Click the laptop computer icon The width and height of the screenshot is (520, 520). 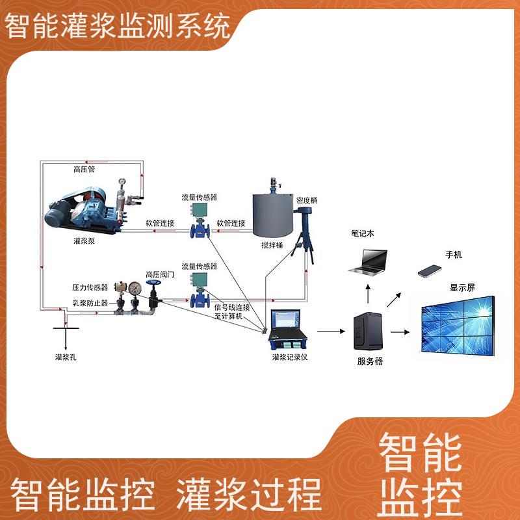click(x=368, y=261)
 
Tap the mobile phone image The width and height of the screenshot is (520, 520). click(x=430, y=271)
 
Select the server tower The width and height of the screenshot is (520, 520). click(x=368, y=331)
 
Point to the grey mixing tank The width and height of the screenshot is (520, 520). click(x=273, y=216)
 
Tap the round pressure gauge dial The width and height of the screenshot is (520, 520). click(x=135, y=288)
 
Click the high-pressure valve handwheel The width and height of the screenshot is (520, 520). click(x=153, y=283)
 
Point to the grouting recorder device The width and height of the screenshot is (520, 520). click(x=288, y=330)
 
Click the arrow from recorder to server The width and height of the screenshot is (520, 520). click(x=331, y=331)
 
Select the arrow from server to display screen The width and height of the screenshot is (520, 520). click(x=400, y=332)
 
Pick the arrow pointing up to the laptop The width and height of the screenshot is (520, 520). click(x=368, y=294)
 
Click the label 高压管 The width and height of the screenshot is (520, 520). click(x=84, y=170)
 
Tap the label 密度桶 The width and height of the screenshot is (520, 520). click(x=307, y=200)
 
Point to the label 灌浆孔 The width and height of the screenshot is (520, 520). click(x=66, y=357)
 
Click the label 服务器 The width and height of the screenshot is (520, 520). click(x=370, y=361)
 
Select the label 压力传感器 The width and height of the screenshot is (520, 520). click(x=90, y=287)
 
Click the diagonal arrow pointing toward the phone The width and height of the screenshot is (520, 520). click(x=394, y=300)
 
